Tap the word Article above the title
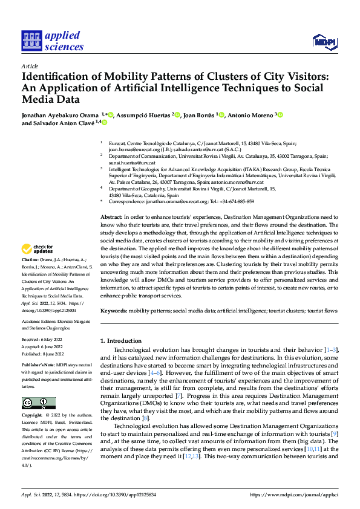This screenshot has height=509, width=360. (30, 65)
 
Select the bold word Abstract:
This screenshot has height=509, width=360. (111, 216)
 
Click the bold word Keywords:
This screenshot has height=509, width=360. (114, 310)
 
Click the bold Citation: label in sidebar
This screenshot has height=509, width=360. (31, 275)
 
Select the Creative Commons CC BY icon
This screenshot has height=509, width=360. (39, 386)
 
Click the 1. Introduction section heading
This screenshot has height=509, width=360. (120, 341)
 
